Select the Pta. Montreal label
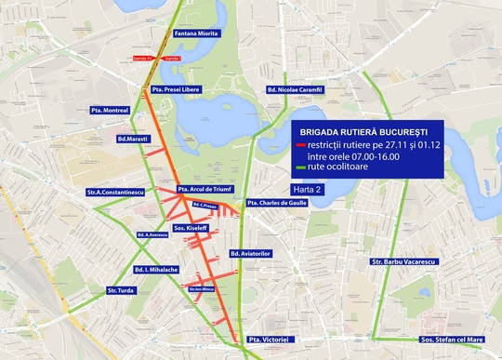pyautogui.click(x=112, y=109)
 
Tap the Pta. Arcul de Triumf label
pyautogui.click(x=204, y=187)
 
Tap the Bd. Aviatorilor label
pyautogui.click(x=249, y=253)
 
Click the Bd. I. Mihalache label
pyautogui.click(x=155, y=269)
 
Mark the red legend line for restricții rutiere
pyautogui.click(x=298, y=146)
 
